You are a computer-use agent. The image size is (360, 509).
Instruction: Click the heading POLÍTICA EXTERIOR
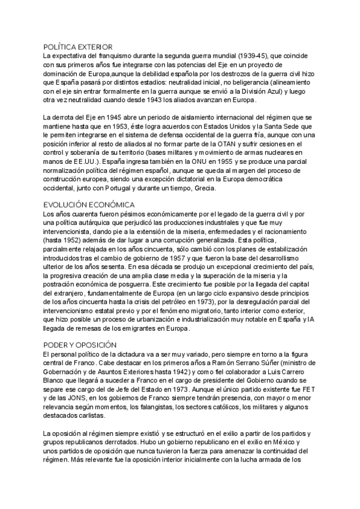click(79, 46)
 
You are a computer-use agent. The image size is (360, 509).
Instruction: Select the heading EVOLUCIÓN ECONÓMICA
click(89, 205)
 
